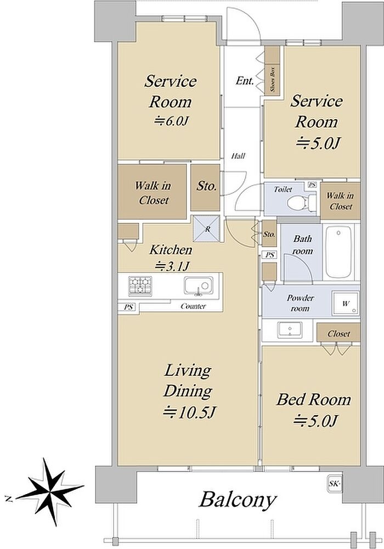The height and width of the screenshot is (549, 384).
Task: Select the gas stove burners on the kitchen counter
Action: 140,285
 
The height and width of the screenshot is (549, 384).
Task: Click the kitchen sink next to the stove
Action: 198,285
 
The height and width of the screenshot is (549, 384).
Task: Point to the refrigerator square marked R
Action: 207,229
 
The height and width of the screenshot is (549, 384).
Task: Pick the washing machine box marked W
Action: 346,303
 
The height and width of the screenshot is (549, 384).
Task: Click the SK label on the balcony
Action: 335,484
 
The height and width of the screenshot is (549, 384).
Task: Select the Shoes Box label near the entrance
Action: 273,79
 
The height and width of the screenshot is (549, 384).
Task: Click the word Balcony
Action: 238,501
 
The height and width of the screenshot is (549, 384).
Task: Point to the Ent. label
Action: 245,81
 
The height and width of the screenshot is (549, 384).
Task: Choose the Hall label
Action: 238,156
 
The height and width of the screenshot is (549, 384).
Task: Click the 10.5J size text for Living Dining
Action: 189,412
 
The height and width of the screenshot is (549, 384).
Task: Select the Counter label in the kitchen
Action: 193,306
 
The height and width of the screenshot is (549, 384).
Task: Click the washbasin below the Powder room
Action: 290,330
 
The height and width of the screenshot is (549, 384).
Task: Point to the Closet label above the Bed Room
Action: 338,334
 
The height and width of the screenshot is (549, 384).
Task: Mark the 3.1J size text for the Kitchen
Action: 171,267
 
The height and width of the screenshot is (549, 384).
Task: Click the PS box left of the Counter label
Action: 128,307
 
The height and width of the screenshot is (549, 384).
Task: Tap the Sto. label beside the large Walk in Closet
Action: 206,186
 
